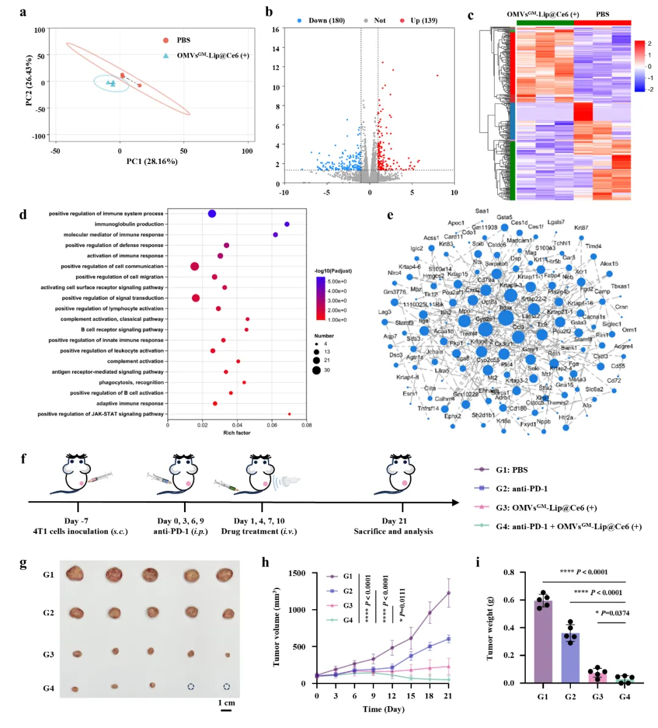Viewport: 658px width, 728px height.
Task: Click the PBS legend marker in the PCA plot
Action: tap(166, 40)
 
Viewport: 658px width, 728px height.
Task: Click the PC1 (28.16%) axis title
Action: tap(152, 162)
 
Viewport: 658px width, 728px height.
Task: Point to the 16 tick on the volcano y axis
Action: tap(276, 29)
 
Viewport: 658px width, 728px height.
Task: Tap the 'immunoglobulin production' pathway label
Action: tap(129, 224)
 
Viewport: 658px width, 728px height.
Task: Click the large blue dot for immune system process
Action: tap(212, 213)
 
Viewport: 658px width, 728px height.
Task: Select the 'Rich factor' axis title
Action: tap(237, 433)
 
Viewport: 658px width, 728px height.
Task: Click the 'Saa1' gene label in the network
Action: tap(482, 211)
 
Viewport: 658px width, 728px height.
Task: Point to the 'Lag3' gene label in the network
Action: tap(384, 312)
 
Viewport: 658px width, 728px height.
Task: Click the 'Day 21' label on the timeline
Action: tap(394, 521)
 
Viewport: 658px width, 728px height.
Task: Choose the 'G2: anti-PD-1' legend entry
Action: tap(521, 488)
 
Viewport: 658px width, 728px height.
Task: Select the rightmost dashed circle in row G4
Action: tap(227, 687)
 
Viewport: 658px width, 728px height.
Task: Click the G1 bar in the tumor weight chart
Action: tap(543, 641)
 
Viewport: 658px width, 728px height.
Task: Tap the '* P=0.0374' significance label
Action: tap(612, 613)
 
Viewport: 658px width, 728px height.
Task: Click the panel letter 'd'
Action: tap(23, 214)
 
